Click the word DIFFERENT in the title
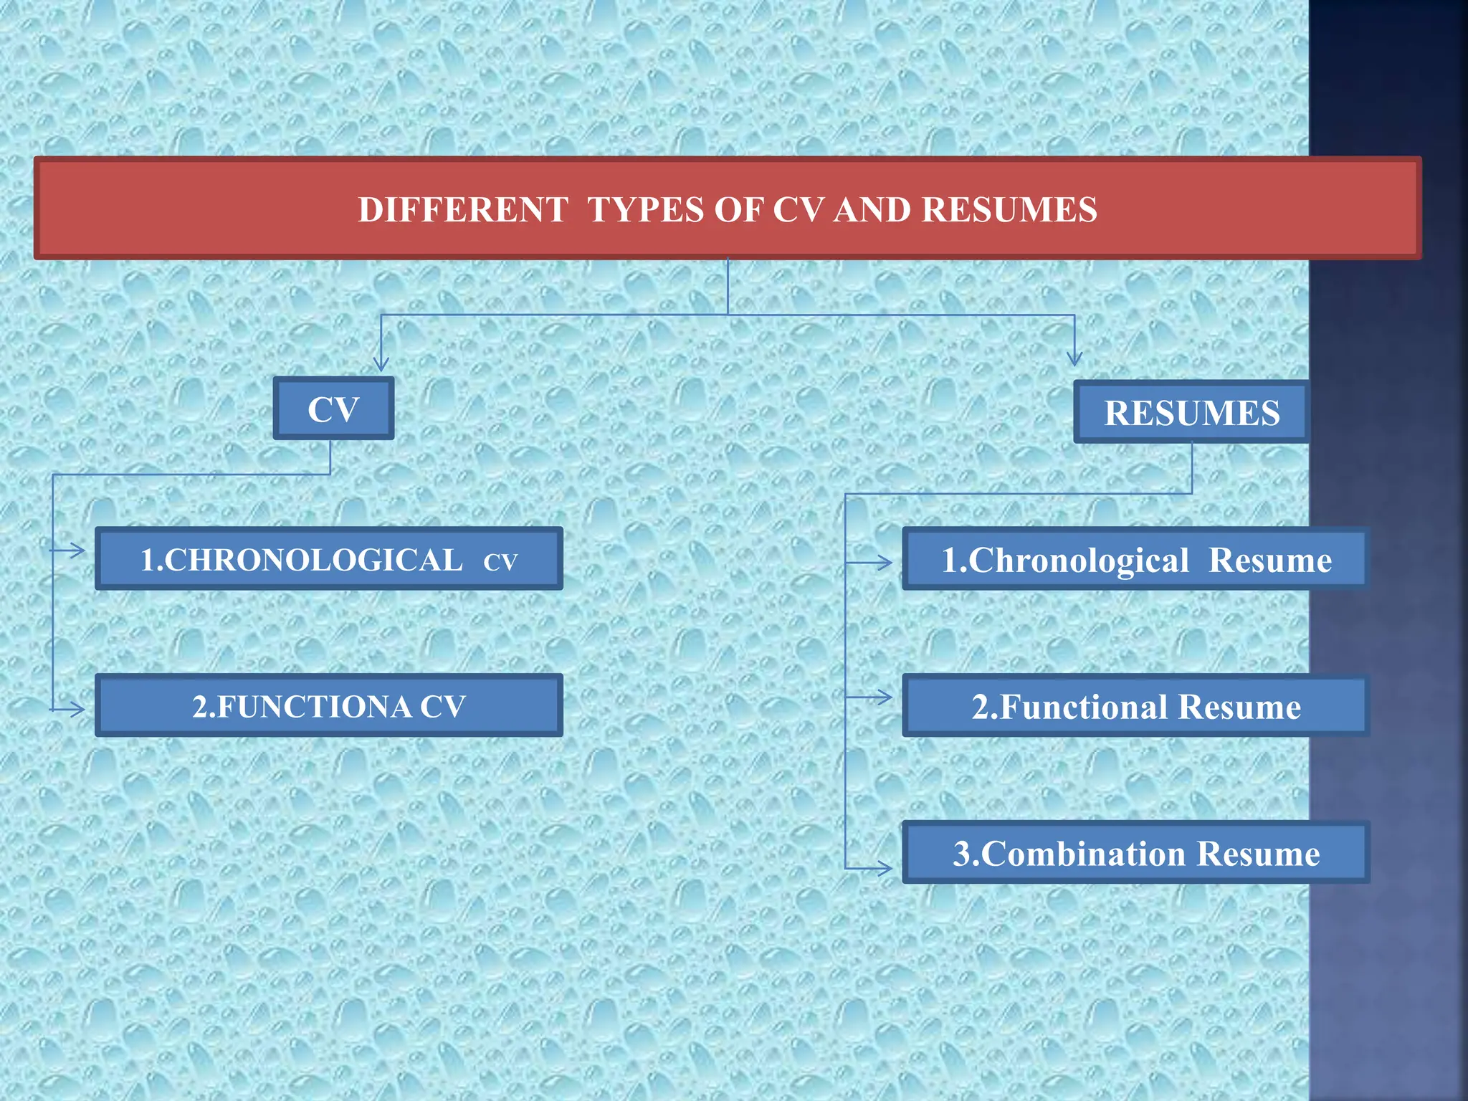tap(463, 210)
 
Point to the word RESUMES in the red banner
tap(1009, 210)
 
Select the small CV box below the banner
tap(333, 409)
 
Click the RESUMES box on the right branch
tap(1191, 412)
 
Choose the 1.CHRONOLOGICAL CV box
tap(329, 559)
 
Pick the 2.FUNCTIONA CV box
tap(329, 706)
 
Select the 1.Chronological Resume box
tap(1135, 560)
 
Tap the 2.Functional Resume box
tap(1135, 706)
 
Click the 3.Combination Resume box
tap(1135, 853)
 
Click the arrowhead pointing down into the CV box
tap(381, 363)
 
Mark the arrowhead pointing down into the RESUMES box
tap(1074, 358)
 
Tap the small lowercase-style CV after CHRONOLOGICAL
tap(500, 562)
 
